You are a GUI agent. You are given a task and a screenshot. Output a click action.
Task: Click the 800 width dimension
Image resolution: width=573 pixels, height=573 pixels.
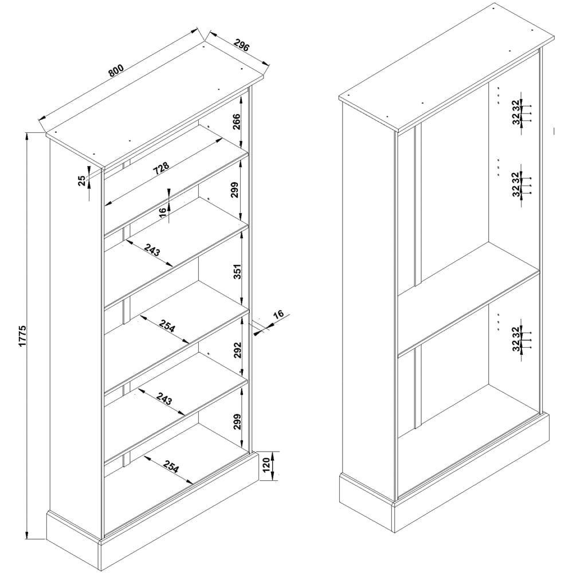(x=116, y=70)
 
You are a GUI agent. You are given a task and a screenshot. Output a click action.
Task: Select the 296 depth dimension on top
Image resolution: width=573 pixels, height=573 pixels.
(x=241, y=46)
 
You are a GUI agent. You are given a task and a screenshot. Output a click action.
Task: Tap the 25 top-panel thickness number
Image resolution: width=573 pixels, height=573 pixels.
(x=83, y=180)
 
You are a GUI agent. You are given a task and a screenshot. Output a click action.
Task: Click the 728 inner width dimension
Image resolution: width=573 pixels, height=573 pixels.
(x=161, y=167)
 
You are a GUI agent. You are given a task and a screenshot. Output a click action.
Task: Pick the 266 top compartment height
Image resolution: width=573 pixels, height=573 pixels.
(x=236, y=121)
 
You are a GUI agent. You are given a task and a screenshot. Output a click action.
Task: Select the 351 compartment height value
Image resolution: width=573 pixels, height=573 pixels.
(x=236, y=270)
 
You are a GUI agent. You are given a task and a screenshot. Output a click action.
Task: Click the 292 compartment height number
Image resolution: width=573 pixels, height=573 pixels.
(x=236, y=350)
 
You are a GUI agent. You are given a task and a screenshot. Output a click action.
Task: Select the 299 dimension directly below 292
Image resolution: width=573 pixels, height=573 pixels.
(x=236, y=421)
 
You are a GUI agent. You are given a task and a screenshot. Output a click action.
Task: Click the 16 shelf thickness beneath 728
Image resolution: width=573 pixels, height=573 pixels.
(x=163, y=211)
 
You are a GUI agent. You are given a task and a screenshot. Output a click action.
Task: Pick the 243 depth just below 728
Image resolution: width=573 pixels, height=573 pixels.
(x=152, y=251)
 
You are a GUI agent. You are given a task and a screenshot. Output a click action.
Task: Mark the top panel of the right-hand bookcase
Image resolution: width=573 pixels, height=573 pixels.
(x=447, y=74)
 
